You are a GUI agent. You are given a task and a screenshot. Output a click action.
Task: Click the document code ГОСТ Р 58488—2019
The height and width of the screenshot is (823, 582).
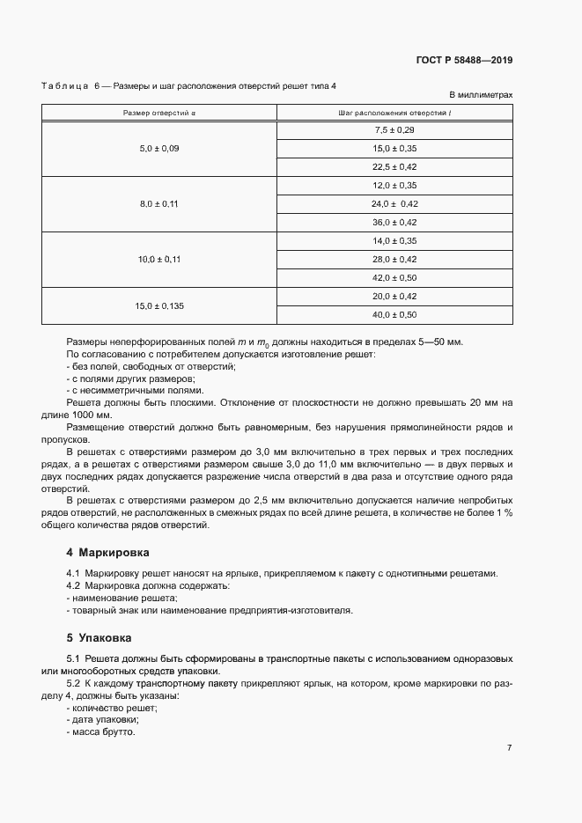[464, 61]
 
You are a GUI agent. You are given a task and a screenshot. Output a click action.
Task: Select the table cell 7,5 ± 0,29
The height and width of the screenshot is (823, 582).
[394, 130]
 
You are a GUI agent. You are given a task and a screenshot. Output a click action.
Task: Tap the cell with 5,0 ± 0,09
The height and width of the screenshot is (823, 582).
[158, 149]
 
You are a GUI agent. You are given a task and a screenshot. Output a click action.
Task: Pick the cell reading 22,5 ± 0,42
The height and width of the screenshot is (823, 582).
[394, 167]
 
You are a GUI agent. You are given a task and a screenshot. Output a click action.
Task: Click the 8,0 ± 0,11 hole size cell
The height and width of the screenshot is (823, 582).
[158, 204]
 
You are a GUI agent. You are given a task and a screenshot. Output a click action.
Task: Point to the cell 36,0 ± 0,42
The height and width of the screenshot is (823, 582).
[394, 223]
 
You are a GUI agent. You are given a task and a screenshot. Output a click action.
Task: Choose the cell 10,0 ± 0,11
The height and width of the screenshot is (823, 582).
[158, 260]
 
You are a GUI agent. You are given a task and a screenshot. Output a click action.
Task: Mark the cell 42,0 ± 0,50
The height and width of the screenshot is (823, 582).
[394, 278]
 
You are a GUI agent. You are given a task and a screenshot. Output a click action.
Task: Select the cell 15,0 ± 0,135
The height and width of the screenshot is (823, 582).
[158, 305]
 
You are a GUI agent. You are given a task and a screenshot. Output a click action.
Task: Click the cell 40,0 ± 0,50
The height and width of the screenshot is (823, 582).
[394, 315]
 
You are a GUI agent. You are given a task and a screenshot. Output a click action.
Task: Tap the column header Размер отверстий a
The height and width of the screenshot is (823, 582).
[158, 113]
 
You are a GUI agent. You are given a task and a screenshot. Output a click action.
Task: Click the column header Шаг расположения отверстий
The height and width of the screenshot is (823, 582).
[394, 113]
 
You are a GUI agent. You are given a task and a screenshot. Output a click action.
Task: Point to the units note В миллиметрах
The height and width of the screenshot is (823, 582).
[481, 94]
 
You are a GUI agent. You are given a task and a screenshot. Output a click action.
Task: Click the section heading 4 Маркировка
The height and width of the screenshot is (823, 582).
[107, 553]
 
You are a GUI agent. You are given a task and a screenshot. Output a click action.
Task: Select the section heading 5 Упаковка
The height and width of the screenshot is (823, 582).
[101, 636]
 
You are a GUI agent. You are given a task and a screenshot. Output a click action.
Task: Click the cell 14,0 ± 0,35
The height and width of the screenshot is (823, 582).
[394, 241]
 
